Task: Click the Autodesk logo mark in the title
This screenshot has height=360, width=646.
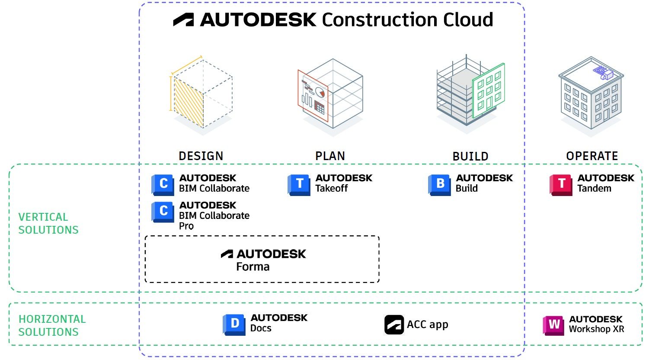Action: click(183, 20)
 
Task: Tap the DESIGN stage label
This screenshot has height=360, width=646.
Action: click(201, 156)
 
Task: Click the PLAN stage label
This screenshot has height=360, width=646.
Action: click(330, 156)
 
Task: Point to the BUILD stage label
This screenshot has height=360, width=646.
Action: click(470, 156)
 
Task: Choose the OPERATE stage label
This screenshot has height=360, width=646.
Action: click(592, 156)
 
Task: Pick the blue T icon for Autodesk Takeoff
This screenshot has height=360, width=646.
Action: click(299, 184)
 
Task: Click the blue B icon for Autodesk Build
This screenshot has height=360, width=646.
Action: click(439, 184)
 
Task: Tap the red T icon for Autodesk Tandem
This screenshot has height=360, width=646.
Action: click(561, 184)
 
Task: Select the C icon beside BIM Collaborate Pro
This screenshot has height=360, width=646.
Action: click(163, 212)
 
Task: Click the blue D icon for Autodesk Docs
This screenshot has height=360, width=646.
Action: click(234, 325)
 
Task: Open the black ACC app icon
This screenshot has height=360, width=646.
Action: click(394, 325)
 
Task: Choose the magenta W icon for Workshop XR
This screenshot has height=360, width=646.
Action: click(553, 325)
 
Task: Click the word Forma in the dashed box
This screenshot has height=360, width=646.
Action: click(253, 267)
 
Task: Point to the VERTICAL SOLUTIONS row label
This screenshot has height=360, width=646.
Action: click(48, 223)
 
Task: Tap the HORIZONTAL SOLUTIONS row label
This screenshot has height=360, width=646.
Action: click(51, 325)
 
